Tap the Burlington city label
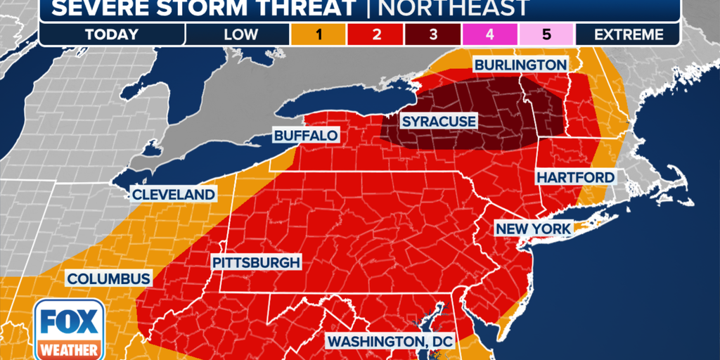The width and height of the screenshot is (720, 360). (520, 65)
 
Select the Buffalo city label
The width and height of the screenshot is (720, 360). (306, 135)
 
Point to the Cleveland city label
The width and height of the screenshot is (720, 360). (173, 194)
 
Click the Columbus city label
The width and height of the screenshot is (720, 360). (108, 278)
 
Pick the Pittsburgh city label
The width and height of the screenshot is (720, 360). (256, 262)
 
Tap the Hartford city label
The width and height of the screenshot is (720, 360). (575, 177)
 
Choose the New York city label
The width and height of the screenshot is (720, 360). (534, 229)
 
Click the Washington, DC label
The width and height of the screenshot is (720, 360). (391, 341)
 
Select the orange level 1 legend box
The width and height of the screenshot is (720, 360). (319, 34)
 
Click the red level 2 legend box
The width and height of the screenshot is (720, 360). (375, 34)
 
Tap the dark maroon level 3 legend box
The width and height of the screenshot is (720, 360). (432, 34)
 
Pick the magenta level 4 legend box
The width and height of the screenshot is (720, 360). (489, 34)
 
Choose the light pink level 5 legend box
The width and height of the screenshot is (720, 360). (546, 34)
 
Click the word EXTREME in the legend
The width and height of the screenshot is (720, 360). (628, 34)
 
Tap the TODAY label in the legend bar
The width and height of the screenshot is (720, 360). (112, 34)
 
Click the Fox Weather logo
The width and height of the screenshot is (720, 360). (70, 328)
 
